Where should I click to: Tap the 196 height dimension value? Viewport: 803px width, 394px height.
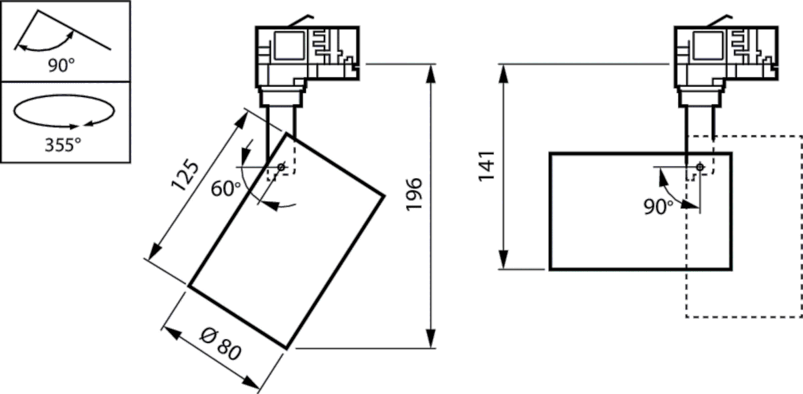(x=414, y=194)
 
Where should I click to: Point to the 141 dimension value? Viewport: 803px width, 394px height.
(x=486, y=166)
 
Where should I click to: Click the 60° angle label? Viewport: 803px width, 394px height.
(x=225, y=189)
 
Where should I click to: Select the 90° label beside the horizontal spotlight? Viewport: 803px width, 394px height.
(x=659, y=207)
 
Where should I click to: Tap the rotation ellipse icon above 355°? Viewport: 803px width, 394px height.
(x=63, y=112)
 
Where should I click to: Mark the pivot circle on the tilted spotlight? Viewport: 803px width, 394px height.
(x=281, y=166)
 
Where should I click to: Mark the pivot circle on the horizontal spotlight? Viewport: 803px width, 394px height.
(x=700, y=166)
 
